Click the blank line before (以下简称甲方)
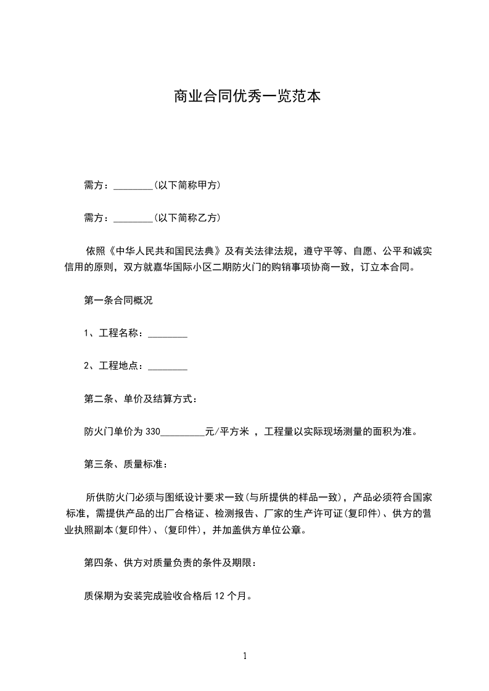tap(133, 185)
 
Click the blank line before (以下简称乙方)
tap(133, 218)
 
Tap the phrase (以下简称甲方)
tap(187, 185)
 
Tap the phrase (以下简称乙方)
tap(187, 218)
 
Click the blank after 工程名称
tap(168, 334)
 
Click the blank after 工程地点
tap(168, 366)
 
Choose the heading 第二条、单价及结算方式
tap(141, 399)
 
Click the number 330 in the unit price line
tap(152, 432)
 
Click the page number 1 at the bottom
tap(245, 657)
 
